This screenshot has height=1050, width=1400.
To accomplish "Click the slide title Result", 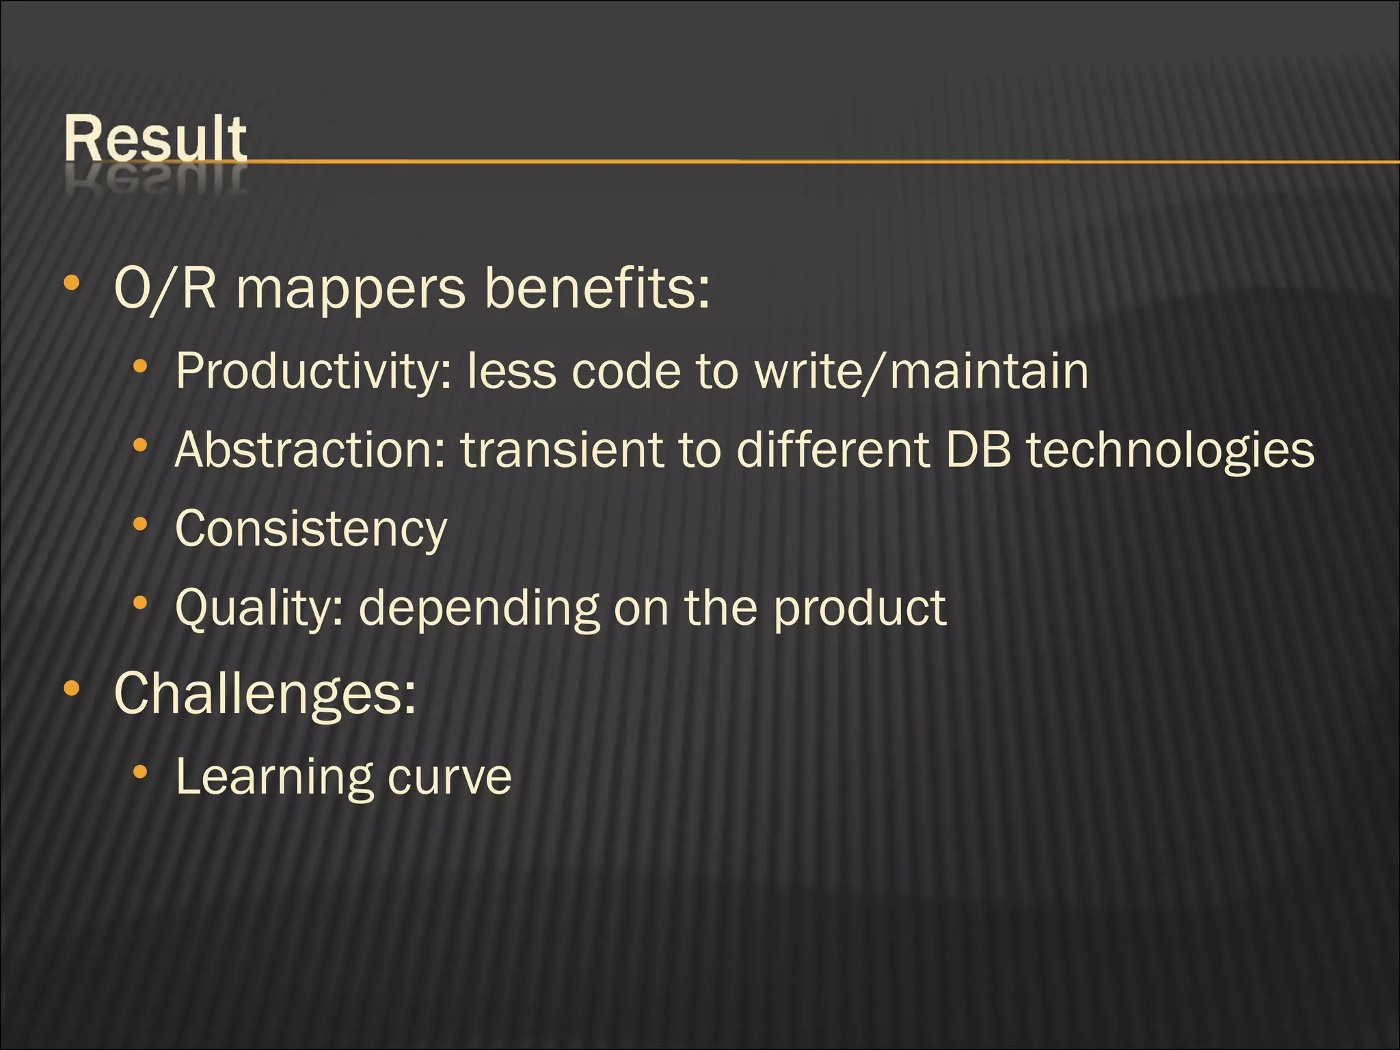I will [x=155, y=139].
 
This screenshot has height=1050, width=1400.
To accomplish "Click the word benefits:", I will [x=597, y=288].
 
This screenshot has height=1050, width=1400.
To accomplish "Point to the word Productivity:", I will [x=314, y=373].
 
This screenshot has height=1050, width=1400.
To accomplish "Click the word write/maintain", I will [x=921, y=372].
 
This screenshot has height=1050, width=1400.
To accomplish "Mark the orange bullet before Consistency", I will [x=140, y=524].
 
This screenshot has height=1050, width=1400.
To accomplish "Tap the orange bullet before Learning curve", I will [x=140, y=772].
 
